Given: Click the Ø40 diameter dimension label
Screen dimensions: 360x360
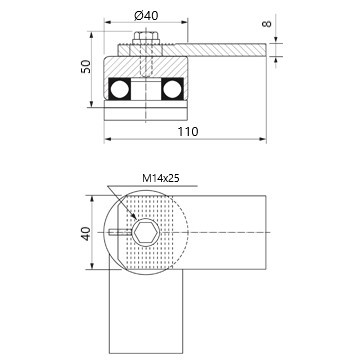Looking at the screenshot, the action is [x=146, y=15].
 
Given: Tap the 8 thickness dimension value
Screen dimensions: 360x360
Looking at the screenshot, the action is [x=267, y=24].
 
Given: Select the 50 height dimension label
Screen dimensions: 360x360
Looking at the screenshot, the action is [x=86, y=66].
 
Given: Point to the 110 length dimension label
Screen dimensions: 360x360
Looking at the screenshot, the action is [x=188, y=132].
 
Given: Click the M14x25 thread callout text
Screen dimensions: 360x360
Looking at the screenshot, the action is [x=161, y=178].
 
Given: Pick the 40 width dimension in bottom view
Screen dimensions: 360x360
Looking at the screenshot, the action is [x=86, y=233].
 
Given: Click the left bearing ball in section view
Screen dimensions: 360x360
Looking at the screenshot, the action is [x=120, y=89].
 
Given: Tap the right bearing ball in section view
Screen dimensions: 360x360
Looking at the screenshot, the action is [x=172, y=89].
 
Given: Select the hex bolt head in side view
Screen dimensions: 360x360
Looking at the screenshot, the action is [x=146, y=37].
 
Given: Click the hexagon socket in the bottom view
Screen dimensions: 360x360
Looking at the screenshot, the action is [x=146, y=232].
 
